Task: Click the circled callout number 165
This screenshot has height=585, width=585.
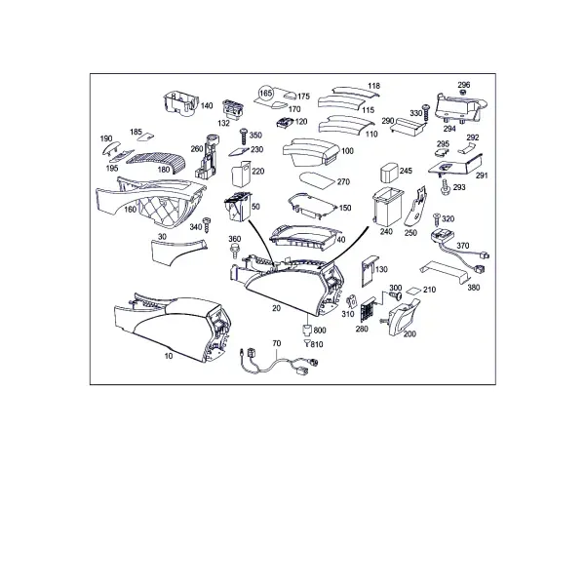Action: coord(266,93)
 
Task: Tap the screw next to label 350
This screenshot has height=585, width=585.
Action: coord(244,136)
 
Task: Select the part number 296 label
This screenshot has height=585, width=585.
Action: coord(464,85)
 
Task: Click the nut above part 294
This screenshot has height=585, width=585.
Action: coord(462,93)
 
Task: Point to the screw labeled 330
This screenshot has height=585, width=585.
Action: coord(426,113)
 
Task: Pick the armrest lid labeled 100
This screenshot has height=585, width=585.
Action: coord(311,152)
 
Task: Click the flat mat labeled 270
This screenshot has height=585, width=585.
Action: coord(317,180)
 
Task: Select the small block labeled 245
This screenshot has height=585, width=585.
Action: coord(389,172)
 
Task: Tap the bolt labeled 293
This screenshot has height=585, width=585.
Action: coord(445,186)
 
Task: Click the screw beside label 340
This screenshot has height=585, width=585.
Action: coord(207,225)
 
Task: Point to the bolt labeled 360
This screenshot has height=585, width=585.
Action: coord(235,251)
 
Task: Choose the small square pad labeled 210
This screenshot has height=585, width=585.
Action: coord(413,291)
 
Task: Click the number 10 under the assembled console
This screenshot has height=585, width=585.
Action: coord(169,356)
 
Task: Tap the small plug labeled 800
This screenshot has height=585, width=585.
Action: coord(307,331)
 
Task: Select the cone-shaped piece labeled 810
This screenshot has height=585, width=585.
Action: coord(307,342)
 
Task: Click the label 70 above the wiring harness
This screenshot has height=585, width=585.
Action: coord(277,343)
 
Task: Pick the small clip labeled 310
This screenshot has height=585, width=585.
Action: coord(352,300)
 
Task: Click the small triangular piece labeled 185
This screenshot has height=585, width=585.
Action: coord(145,136)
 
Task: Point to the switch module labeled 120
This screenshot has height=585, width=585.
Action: coord(285,122)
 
